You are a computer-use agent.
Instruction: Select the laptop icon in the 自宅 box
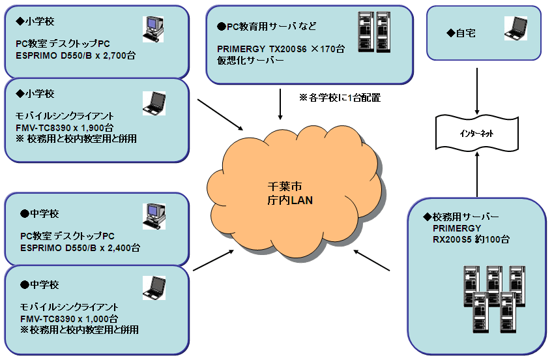(515, 28)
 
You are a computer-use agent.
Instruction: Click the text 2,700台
(118, 56)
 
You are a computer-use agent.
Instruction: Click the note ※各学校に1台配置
(339, 98)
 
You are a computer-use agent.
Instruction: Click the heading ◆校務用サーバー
(461, 216)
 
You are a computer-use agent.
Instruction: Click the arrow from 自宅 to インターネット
(478, 88)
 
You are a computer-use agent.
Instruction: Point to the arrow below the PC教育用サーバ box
(280, 104)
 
